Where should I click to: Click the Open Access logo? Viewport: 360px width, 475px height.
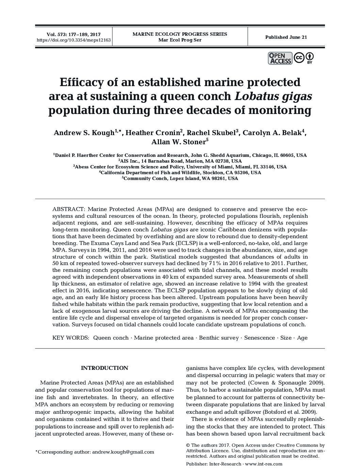coord(280,58)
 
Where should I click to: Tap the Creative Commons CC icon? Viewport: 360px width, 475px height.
coord(299,58)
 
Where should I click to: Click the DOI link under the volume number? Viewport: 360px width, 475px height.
coord(73,40)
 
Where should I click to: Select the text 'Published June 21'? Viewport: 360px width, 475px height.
coord(286,37)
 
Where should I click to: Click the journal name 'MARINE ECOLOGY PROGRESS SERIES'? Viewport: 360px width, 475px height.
coord(180,34)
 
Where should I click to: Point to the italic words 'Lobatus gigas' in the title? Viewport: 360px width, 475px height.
coord(273,97)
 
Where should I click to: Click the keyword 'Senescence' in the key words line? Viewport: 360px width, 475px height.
coord(259,338)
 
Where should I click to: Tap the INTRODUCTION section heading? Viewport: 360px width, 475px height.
coord(104,368)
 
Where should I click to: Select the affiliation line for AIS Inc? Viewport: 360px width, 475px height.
coord(180,161)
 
